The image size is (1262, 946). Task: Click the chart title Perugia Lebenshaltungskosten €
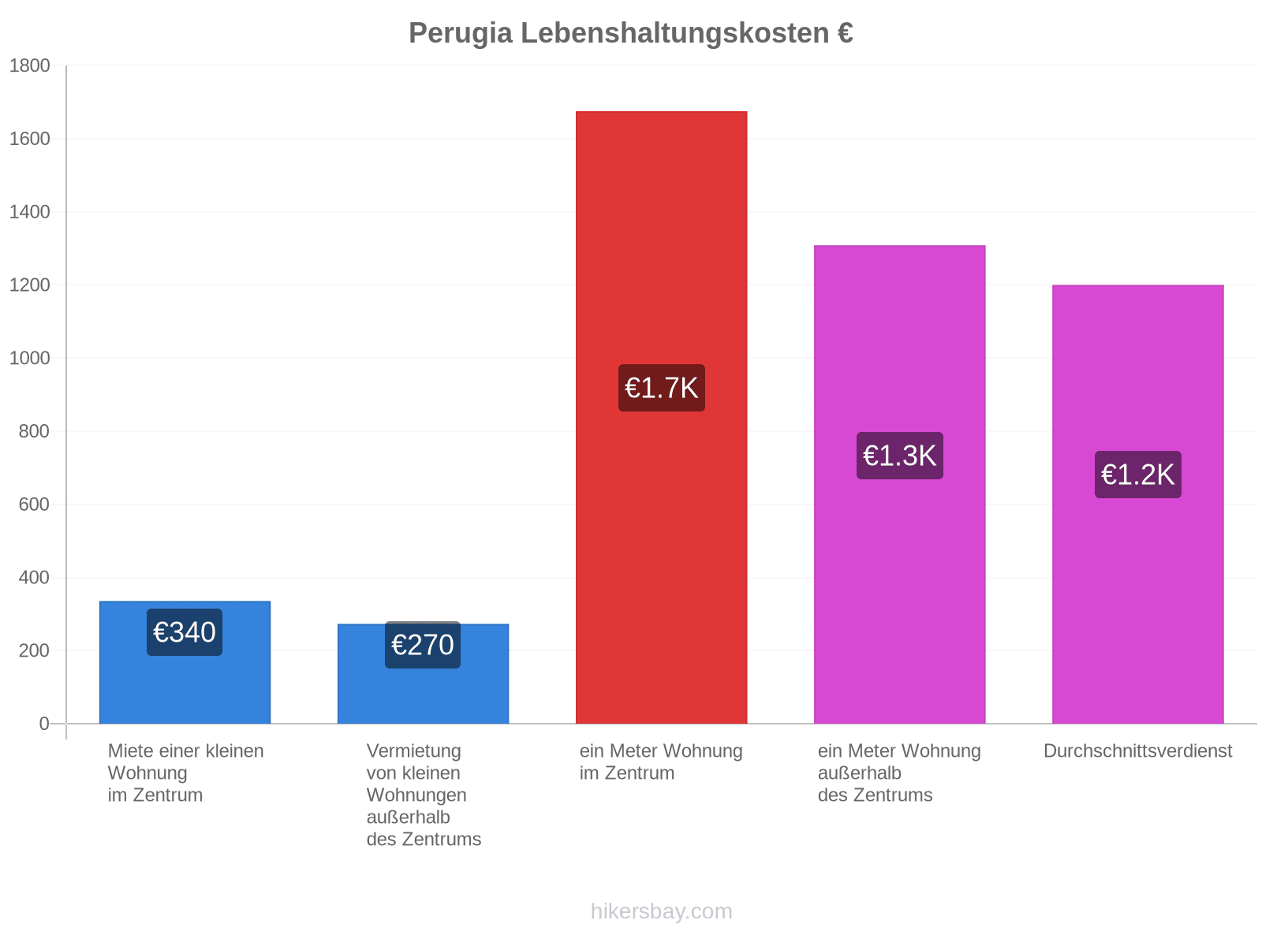coord(631,33)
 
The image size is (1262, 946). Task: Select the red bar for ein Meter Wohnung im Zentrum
coord(661,417)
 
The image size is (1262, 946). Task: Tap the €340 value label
coord(184,631)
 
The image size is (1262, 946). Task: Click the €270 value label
coord(423,644)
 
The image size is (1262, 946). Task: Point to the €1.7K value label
coord(661,388)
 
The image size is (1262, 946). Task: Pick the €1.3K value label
coord(900,456)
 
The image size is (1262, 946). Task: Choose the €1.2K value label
coord(1138,475)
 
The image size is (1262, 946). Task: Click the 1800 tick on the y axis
coord(29,65)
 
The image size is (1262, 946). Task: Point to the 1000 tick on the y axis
coord(29,358)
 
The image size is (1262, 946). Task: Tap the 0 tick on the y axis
coord(43,724)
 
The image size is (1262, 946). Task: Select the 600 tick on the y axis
coord(34,505)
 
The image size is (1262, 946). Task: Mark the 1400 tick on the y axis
coord(29,212)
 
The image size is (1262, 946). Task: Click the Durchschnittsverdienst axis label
coord(1137,751)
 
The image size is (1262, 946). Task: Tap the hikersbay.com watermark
coord(661,911)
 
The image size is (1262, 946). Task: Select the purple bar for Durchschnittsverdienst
coord(1138,505)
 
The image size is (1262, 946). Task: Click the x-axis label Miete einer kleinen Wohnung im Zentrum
coord(185,773)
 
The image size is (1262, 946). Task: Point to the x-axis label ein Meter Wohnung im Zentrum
coord(661,762)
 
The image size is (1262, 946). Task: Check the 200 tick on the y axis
coord(34,651)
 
